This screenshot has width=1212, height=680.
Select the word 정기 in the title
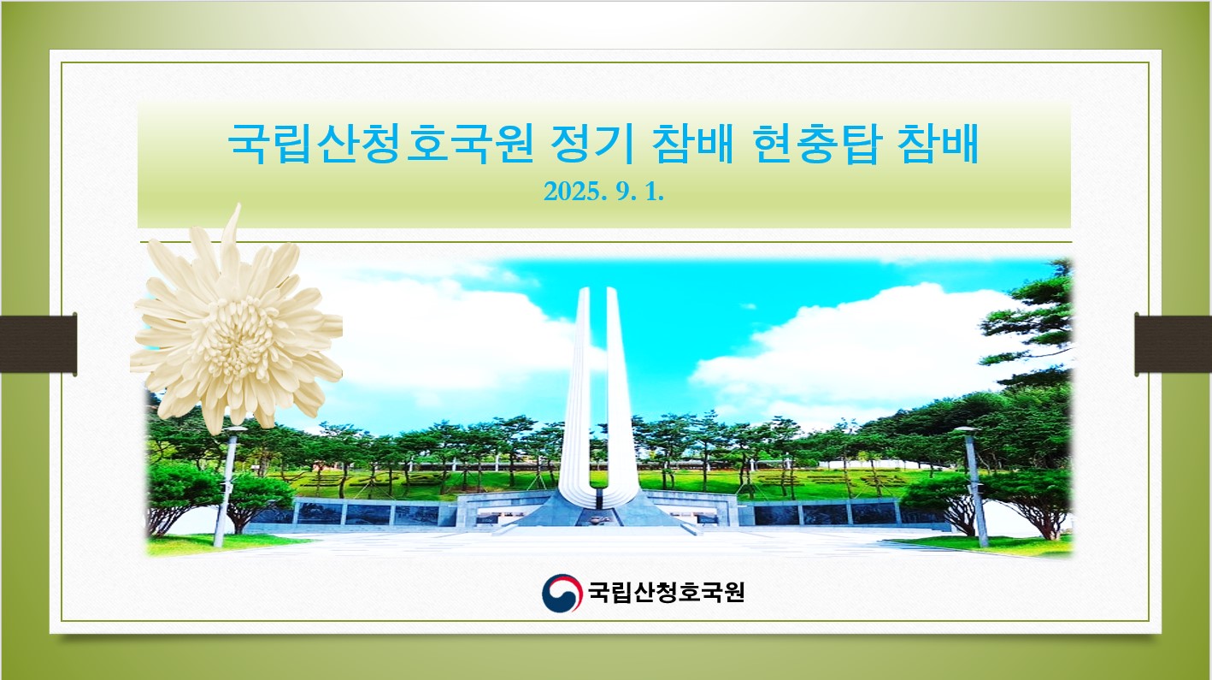pos(592,144)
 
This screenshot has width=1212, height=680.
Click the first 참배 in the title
pos(692,144)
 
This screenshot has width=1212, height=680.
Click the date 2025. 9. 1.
pos(603,192)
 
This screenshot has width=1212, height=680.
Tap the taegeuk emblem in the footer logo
pos(562,593)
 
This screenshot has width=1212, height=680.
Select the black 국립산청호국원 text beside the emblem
pos(667,592)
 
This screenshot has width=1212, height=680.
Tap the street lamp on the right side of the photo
pos(974,486)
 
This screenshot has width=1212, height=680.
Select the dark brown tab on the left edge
pos(38,344)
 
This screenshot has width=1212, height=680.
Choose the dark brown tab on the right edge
pos(1173,344)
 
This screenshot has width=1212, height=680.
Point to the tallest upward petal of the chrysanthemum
pos(233,239)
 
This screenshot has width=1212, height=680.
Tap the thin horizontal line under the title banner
pos(605,242)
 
